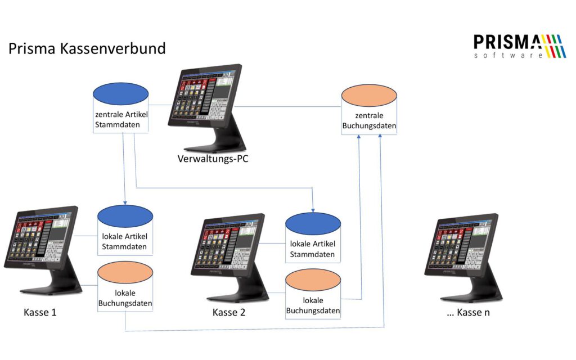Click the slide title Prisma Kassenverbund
point(87,48)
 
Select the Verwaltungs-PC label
point(213,159)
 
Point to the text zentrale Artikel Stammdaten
point(120,119)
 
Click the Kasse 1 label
point(40,312)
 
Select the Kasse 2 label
point(229,312)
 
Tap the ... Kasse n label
point(468,312)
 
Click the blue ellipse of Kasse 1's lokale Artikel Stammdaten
point(125,217)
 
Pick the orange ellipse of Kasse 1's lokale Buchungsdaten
point(125,273)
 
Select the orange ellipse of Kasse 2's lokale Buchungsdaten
point(313,281)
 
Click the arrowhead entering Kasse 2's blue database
point(313,210)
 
